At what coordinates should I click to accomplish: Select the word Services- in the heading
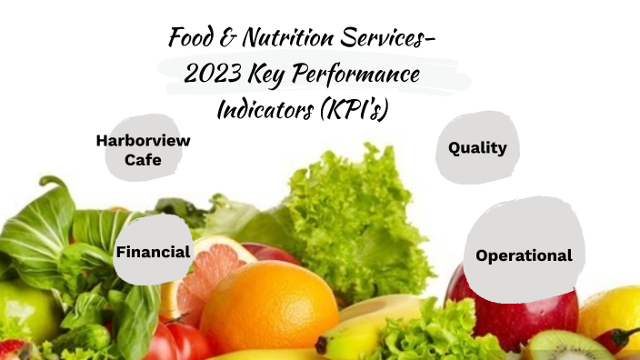[393, 39]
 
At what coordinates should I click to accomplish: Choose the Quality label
[477, 148]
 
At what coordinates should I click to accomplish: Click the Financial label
[153, 252]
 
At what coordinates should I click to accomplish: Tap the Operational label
[524, 255]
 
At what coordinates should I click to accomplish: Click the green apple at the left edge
[23, 309]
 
